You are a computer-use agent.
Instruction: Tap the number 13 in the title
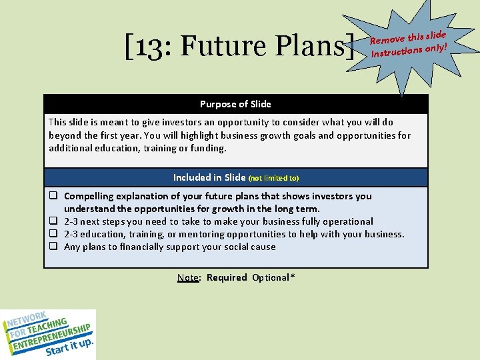(149, 47)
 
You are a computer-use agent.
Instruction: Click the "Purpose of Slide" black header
(235, 104)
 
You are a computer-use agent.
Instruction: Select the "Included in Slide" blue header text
(209, 177)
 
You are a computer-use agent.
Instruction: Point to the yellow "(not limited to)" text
(274, 178)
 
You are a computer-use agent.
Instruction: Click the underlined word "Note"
(189, 277)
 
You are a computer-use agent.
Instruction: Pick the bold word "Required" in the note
(227, 277)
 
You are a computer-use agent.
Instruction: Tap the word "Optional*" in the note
(271, 277)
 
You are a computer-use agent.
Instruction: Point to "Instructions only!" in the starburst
(408, 49)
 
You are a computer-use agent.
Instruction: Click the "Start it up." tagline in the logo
(69, 346)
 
